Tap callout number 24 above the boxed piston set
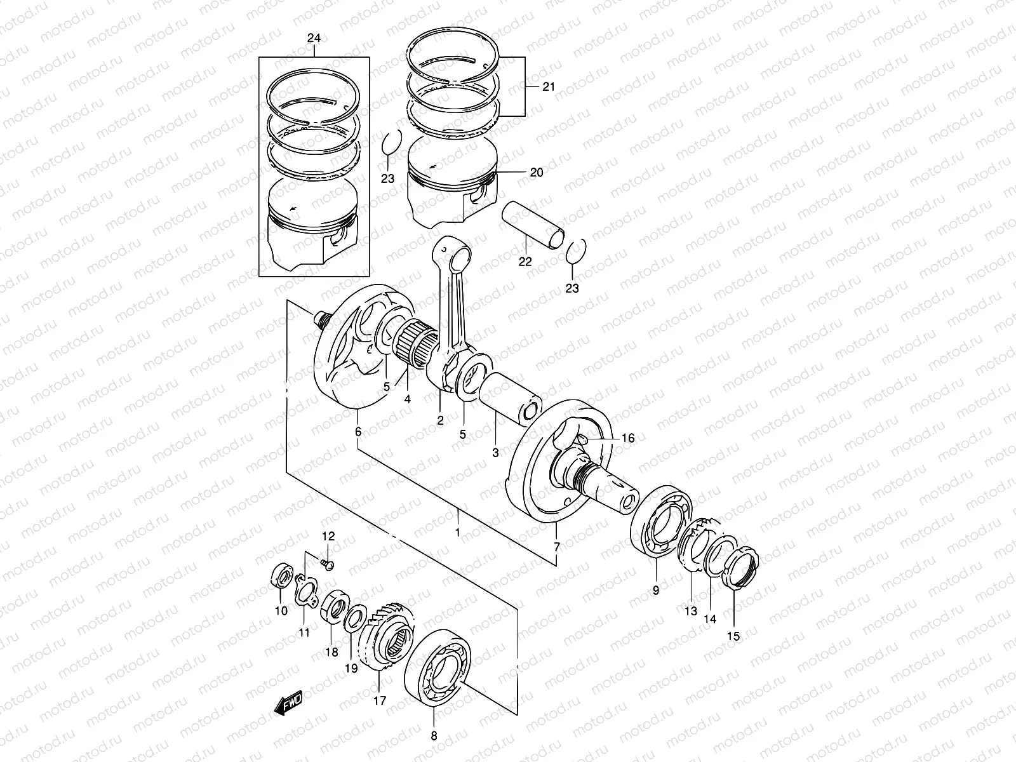point(314,39)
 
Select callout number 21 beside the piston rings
point(548,87)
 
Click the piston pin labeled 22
point(532,224)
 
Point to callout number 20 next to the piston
point(536,172)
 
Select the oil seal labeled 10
point(280,578)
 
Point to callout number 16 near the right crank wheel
point(627,438)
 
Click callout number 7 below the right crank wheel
point(556,547)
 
